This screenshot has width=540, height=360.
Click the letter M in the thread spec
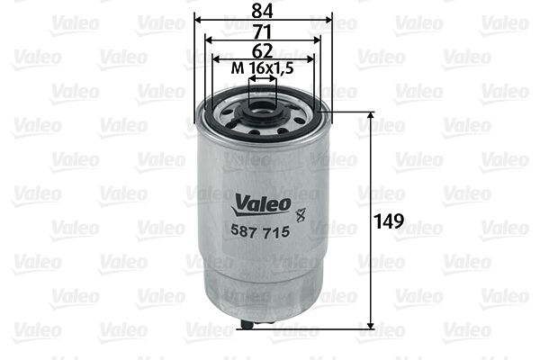tap(238, 69)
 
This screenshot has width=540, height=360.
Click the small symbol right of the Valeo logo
tap(301, 213)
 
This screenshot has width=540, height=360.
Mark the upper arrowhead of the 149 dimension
tap(372, 116)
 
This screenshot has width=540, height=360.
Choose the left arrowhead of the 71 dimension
tap(208, 39)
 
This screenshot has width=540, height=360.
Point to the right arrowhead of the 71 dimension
tap(319, 39)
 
